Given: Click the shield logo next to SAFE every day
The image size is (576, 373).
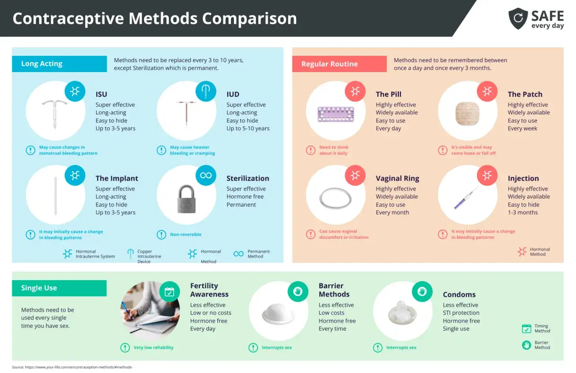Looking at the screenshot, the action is tap(518, 18).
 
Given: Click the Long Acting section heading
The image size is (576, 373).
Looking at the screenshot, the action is tap(42, 64).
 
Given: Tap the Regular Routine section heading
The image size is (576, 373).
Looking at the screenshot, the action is tap(329, 64).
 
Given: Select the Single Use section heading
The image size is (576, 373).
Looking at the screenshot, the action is tap(39, 288).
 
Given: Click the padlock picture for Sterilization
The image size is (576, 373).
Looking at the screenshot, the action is tap(186, 199).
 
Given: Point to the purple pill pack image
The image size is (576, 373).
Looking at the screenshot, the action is tap(336, 114).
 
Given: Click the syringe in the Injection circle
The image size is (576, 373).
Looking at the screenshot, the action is tap(466, 197).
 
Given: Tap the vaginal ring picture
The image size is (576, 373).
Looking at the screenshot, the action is tap(335, 198).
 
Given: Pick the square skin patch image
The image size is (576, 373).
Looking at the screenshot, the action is tap(467, 114).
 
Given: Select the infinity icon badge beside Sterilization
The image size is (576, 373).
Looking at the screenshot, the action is tap(206, 175).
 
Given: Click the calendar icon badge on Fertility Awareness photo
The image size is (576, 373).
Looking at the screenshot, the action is tap(169, 291).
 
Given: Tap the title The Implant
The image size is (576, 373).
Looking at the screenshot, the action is tap(117, 178).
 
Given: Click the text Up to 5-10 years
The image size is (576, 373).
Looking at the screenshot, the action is tap(248, 128).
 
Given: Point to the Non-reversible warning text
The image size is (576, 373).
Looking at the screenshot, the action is tap(186, 235).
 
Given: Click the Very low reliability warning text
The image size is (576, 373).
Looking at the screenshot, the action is tap(153, 347).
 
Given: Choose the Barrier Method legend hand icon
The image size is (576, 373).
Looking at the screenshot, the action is tap(526, 345).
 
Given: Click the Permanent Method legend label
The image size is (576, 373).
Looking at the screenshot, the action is tap(258, 254).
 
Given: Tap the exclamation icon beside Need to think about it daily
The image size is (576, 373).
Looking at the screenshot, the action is tap(310, 150).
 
